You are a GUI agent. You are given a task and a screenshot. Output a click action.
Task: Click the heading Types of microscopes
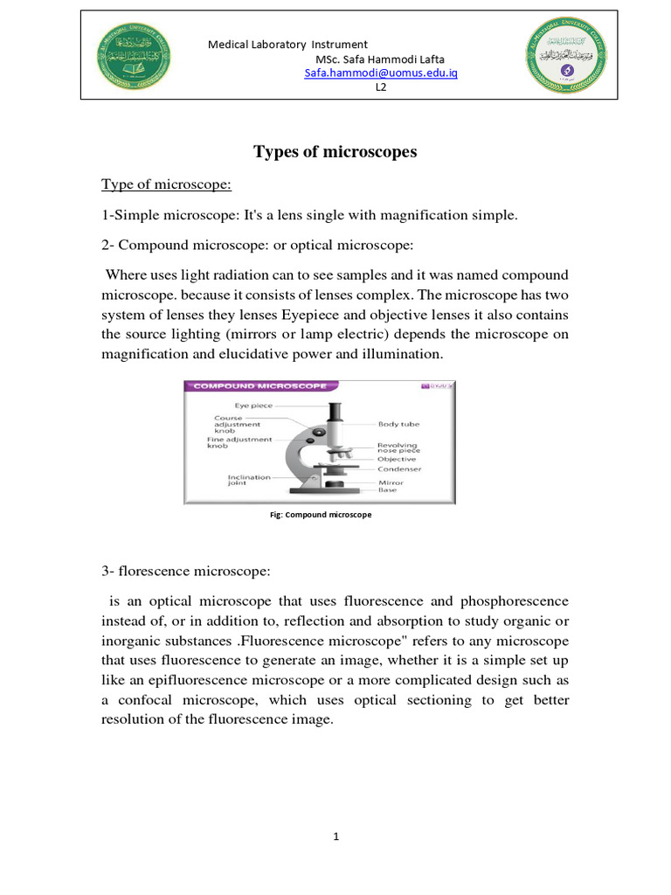coord(335,152)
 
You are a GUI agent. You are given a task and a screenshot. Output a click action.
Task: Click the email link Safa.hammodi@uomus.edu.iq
coord(380,73)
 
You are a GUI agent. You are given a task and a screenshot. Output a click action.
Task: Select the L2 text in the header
coord(381,87)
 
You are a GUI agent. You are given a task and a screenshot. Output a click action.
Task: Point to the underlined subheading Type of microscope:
coord(165,184)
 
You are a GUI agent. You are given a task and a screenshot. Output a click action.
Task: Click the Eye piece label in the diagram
coord(253,406)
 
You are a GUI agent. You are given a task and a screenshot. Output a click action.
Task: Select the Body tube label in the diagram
coord(398,424)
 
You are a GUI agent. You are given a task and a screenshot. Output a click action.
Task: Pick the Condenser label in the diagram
coord(399,469)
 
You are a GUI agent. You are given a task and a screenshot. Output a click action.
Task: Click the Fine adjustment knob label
coord(239,442)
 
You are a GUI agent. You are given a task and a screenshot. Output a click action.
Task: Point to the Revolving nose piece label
coord(398,447)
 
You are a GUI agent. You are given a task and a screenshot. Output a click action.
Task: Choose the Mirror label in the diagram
coord(390,482)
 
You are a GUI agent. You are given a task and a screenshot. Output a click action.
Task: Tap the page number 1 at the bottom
coord(335,836)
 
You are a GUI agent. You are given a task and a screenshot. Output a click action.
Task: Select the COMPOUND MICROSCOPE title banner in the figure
coord(259,385)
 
